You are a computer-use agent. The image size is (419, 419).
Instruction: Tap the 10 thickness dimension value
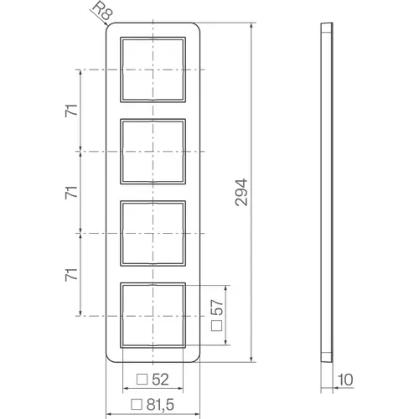pyautogui.click(x=345, y=380)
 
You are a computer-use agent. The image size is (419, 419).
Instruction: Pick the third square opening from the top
pyautogui.click(x=157, y=233)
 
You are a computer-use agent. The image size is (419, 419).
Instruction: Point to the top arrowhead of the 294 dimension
pyautogui.click(x=251, y=28)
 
